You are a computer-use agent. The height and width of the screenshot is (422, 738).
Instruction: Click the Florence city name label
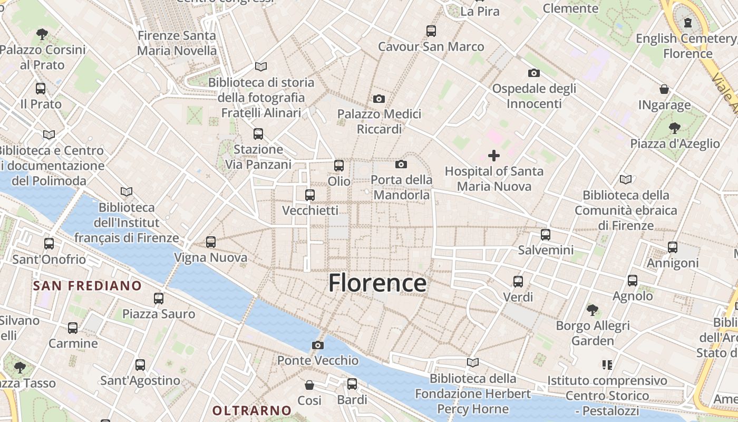click(x=377, y=283)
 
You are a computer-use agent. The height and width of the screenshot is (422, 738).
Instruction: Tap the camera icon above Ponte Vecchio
click(x=318, y=345)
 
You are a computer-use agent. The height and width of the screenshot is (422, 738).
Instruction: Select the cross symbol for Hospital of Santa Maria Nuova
click(x=494, y=155)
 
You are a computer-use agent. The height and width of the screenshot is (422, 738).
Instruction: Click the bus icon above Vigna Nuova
click(x=211, y=242)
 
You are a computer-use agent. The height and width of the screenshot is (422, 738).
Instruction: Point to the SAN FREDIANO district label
click(x=88, y=286)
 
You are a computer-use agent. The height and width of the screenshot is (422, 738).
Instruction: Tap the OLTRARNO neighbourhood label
click(x=252, y=410)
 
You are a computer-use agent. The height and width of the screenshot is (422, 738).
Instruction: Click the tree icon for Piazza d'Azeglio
click(x=674, y=127)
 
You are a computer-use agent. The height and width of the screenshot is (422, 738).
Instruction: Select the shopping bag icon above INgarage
click(x=664, y=89)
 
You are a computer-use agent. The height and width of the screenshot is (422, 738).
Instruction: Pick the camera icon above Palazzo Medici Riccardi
click(x=378, y=99)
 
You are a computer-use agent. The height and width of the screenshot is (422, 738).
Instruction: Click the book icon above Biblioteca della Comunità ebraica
click(x=626, y=179)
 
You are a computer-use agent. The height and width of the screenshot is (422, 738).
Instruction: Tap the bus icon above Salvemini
click(x=546, y=234)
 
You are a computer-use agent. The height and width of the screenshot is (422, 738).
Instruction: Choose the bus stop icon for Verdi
click(x=518, y=281)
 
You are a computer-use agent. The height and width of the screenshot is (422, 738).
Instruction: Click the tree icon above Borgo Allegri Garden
click(x=593, y=310)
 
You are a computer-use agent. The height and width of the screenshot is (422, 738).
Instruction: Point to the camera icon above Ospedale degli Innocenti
click(x=534, y=73)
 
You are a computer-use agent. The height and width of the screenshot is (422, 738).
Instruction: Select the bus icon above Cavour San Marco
click(x=431, y=31)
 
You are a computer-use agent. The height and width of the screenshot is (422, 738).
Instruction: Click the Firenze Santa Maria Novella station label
click(x=177, y=43)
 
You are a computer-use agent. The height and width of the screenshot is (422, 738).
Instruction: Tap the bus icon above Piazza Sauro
click(x=159, y=298)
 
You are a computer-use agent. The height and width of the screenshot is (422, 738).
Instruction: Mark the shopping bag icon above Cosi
click(x=309, y=385)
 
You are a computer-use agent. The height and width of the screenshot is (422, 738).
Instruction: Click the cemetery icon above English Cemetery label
click(x=688, y=22)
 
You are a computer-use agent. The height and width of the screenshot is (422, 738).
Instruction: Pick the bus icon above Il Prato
click(x=41, y=88)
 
